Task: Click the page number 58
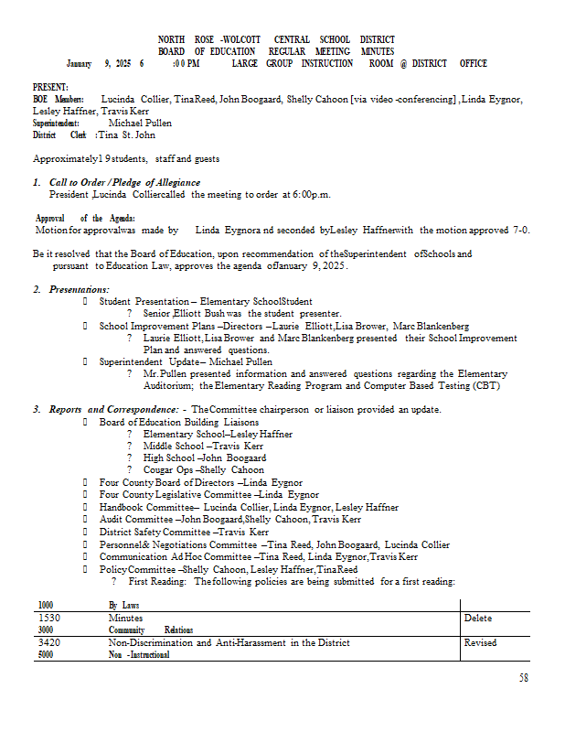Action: [x=524, y=678]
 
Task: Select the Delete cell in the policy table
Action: [x=477, y=619]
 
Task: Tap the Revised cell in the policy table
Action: [x=480, y=642]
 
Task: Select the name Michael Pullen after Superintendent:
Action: [x=140, y=123]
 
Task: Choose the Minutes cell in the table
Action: [x=125, y=619]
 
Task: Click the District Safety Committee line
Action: [x=184, y=532]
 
